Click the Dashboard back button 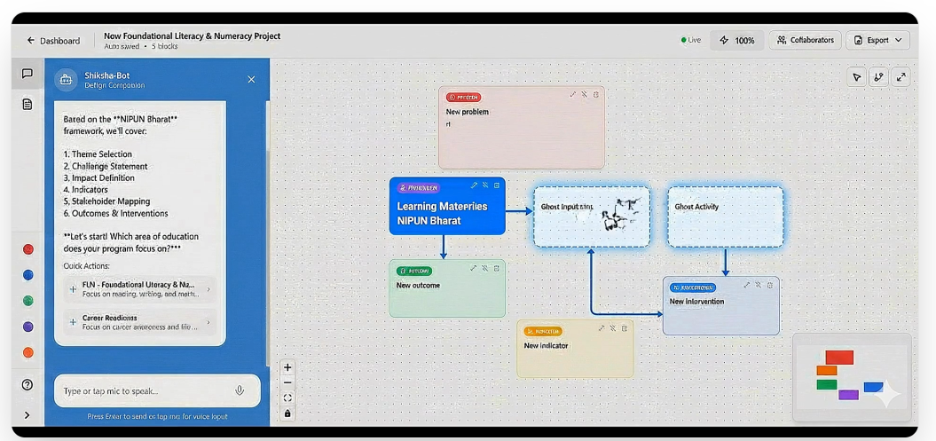pos(53,41)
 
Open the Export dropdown pos(878,40)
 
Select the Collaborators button pos(806,40)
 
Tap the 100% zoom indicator pos(737,40)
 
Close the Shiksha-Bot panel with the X pos(251,80)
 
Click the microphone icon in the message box pos(240,390)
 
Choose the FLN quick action pos(140,289)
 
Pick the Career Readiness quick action pos(140,322)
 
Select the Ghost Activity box pos(726,217)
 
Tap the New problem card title pos(468,112)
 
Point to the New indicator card pos(575,349)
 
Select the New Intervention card pos(720,305)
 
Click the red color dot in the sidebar pos(28,249)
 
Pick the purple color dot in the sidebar pos(28,327)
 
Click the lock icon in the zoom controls pos(287,413)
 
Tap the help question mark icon pos(28,385)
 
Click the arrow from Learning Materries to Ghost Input pos(519,211)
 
